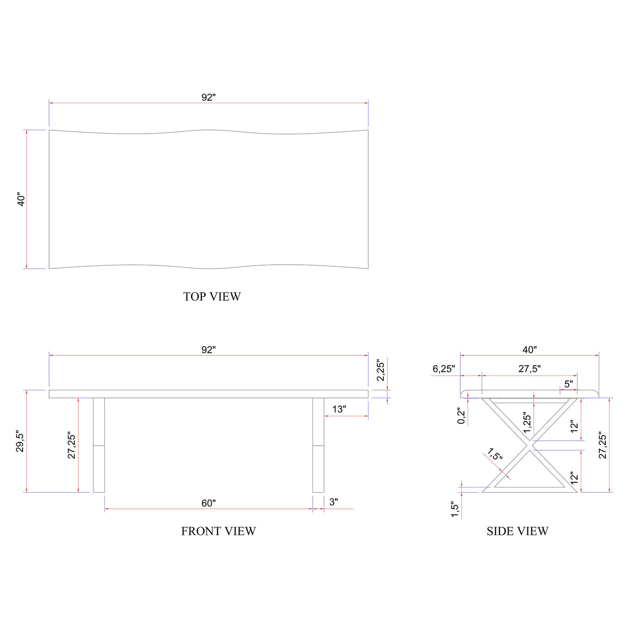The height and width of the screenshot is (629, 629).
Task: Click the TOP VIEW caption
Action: tap(212, 296)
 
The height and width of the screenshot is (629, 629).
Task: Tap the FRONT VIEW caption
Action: tap(219, 532)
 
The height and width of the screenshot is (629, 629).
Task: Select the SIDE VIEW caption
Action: tap(517, 532)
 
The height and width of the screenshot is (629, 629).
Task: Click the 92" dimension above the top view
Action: tap(209, 97)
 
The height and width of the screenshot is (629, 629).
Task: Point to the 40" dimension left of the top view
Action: tap(21, 200)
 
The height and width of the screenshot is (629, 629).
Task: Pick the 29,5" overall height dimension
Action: tap(20, 442)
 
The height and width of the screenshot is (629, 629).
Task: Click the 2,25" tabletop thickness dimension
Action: tap(381, 371)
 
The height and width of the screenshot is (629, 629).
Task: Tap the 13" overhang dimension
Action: tap(339, 409)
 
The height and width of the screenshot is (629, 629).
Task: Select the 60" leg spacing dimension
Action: tap(209, 503)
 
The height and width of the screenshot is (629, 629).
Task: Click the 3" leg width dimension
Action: tap(333, 502)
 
